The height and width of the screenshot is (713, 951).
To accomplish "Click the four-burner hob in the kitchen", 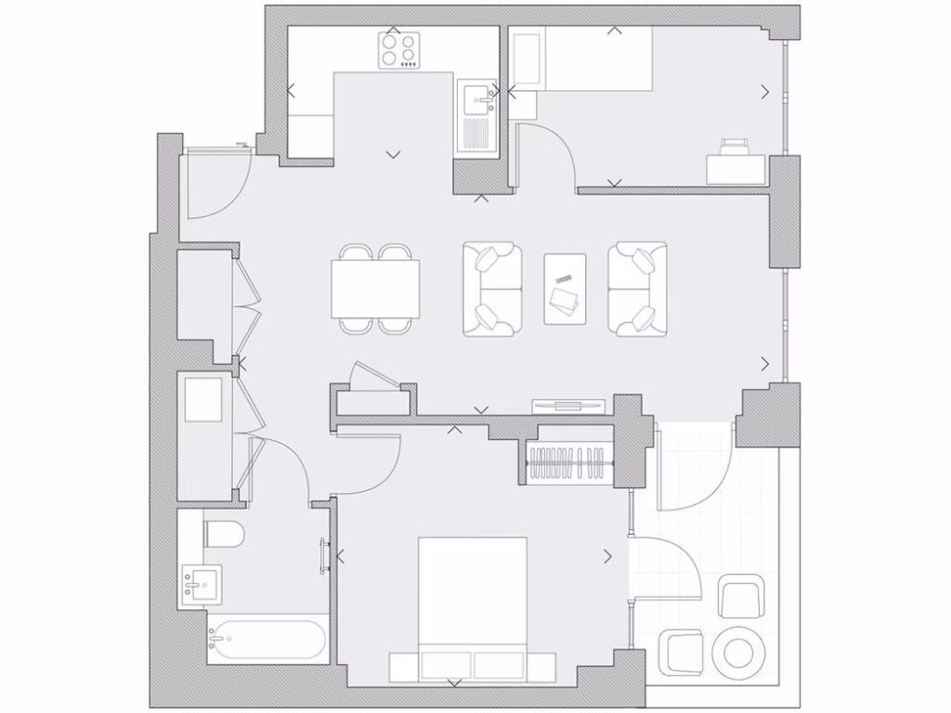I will click(x=399, y=49).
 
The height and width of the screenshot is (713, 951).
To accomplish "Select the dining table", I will click(x=375, y=288).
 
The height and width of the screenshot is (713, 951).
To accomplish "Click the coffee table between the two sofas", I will click(x=565, y=289).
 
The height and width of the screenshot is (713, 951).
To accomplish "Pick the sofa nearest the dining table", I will click(x=492, y=289).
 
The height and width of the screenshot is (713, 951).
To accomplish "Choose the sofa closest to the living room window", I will click(x=638, y=289).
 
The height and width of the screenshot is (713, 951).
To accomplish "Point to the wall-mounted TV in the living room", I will click(x=567, y=405).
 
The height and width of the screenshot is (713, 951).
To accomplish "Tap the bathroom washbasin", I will click(x=201, y=585).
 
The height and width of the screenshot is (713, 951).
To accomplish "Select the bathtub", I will click(x=267, y=640).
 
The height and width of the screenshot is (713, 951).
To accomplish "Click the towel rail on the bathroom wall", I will click(x=324, y=556).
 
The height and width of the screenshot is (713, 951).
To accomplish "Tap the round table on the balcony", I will click(x=741, y=649).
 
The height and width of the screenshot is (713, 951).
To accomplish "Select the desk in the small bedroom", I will click(x=736, y=168).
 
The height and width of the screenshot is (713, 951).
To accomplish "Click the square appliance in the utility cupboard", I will click(x=203, y=399).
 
